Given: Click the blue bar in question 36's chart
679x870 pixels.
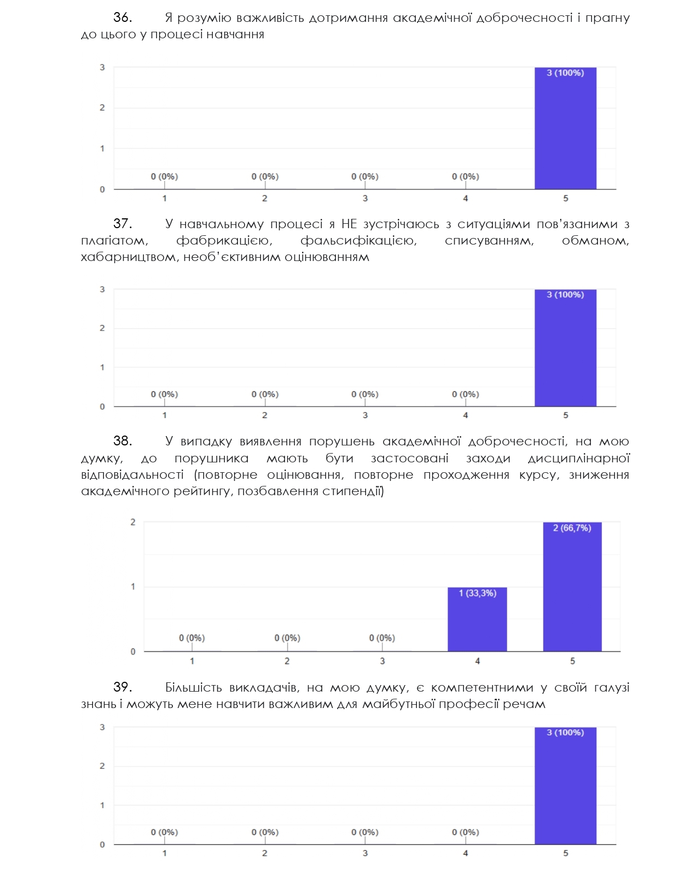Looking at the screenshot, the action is (565, 128).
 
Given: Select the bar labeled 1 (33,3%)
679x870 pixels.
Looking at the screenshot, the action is (477, 619).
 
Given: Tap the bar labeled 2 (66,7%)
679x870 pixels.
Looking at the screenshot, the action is (572, 587).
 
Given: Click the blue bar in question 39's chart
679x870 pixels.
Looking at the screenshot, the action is (565, 786).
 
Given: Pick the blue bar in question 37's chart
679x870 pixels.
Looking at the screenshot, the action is (565, 348).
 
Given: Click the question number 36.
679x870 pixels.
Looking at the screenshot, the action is (123, 17).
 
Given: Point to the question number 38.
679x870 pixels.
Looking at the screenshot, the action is (123, 441).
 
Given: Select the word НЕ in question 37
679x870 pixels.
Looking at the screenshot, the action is (349, 224).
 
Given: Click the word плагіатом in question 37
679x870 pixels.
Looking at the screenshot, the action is (114, 241).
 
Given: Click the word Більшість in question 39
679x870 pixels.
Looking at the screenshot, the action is (193, 687).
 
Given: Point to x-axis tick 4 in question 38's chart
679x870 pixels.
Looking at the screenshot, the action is (477, 661).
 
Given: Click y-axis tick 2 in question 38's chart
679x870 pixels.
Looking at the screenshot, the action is (133, 522).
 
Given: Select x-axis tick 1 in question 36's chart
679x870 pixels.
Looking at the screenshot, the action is (165, 198).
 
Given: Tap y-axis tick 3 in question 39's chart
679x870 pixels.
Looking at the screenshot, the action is (102, 727).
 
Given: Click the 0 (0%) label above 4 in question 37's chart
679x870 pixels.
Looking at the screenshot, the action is (466, 395).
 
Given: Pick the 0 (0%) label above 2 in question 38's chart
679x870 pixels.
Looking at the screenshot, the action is (287, 638).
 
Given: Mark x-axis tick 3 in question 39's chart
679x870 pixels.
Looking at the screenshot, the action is (365, 853).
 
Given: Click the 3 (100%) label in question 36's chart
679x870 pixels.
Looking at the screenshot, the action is (565, 73).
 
